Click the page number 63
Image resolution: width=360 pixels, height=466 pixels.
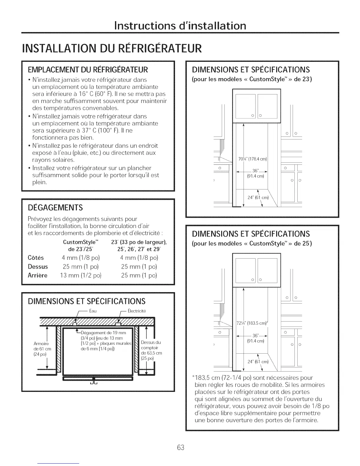point(181,447)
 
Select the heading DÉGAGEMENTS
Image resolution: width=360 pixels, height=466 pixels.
point(55,208)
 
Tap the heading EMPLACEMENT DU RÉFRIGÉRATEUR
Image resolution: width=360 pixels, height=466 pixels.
point(88,70)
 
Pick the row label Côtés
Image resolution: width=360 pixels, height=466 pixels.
point(36,258)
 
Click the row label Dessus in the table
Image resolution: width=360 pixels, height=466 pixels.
point(38,267)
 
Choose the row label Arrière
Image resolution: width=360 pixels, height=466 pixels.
point(37,275)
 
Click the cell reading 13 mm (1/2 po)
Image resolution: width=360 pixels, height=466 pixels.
point(81,275)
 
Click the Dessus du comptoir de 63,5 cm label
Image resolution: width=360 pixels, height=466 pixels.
point(151,350)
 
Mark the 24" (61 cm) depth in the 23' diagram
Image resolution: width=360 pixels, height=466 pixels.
point(258,197)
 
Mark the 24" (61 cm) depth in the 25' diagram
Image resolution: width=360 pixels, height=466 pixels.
point(258,362)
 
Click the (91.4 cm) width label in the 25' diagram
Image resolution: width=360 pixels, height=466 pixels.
point(256,341)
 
